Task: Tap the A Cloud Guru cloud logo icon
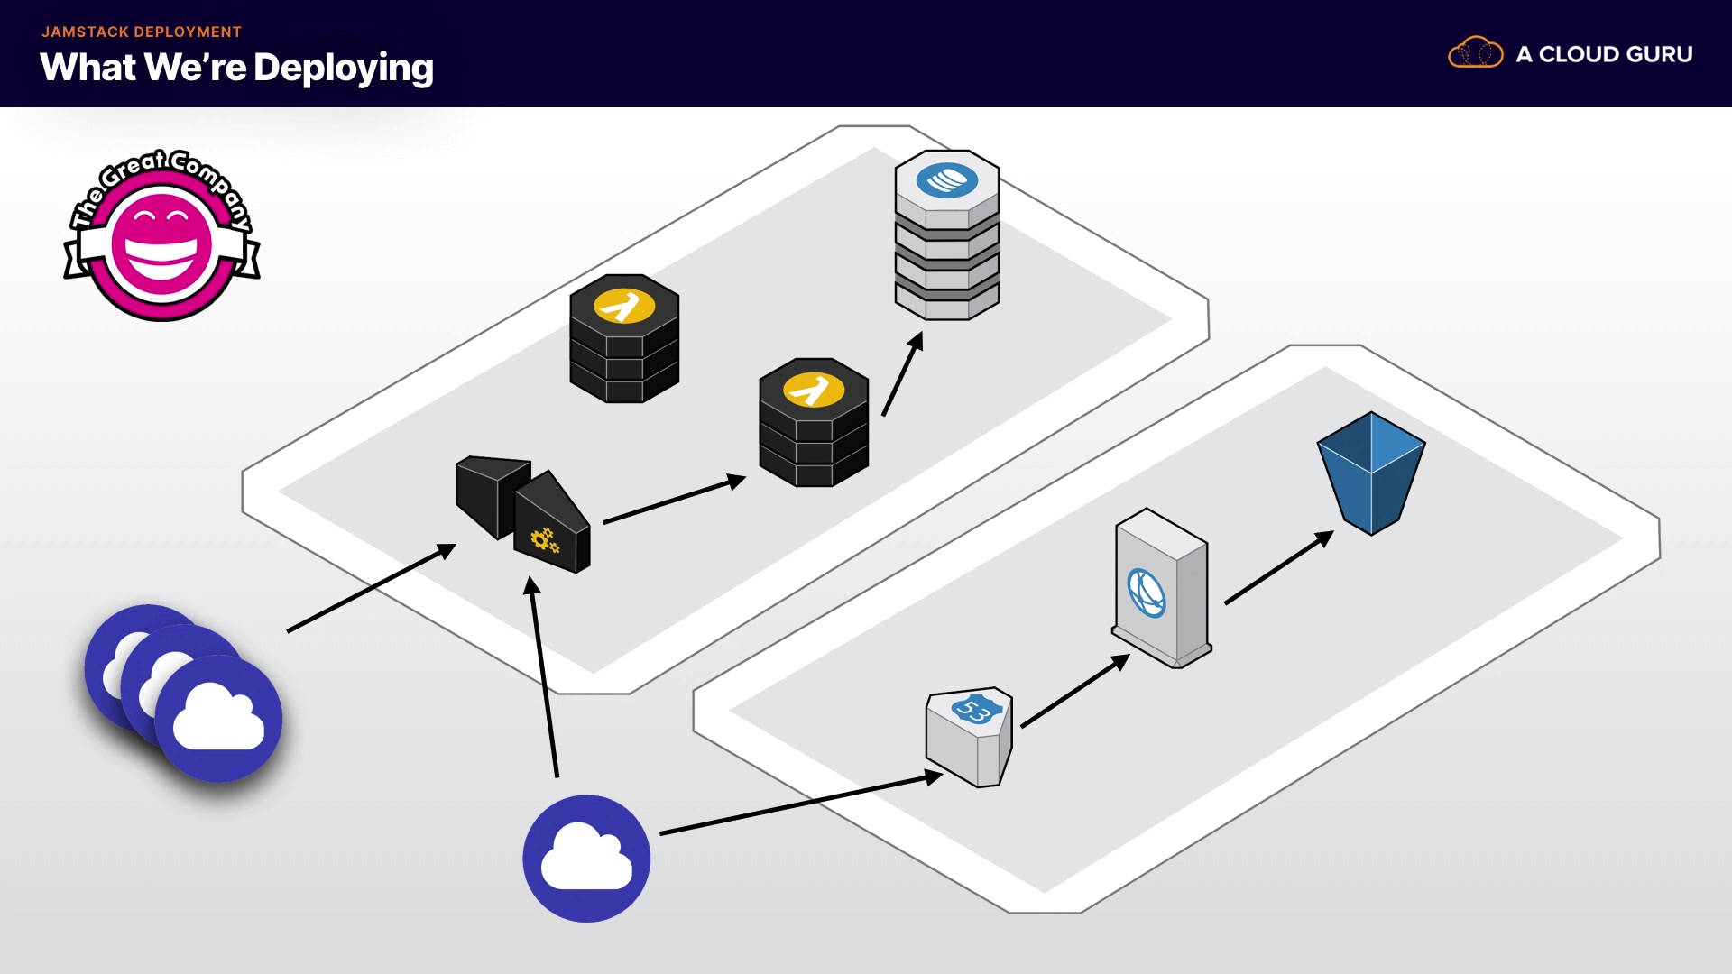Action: (x=1475, y=53)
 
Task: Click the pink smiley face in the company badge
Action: (x=161, y=244)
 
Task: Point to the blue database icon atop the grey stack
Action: (x=947, y=179)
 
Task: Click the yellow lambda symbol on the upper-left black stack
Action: (x=623, y=306)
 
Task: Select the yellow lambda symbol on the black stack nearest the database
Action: (x=814, y=390)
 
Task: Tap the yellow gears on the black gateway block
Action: (x=544, y=540)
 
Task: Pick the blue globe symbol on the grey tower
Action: (x=1147, y=593)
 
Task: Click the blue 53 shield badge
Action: (x=974, y=709)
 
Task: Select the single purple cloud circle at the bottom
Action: (x=586, y=858)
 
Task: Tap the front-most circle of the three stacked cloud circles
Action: (x=218, y=719)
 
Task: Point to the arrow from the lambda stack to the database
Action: (x=902, y=374)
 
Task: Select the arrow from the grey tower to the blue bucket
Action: (x=1278, y=567)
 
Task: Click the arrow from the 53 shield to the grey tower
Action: (x=1074, y=691)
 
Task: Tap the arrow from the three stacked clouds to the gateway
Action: (x=371, y=588)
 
